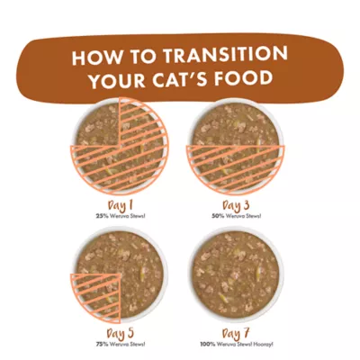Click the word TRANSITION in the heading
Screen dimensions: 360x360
(x=225, y=55)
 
